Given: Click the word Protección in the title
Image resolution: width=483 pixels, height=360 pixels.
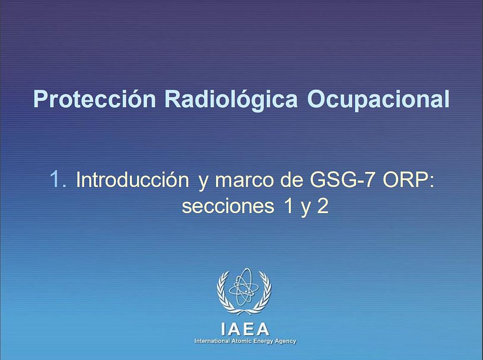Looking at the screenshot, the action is [95, 99].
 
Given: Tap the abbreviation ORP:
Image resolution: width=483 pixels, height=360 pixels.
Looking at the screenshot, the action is [408, 179].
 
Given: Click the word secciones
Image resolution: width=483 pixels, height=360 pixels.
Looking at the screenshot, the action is [228, 206].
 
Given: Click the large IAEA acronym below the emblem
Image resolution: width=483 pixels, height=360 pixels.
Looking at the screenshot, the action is [245, 330].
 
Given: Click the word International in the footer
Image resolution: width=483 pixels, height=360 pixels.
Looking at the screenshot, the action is [212, 341].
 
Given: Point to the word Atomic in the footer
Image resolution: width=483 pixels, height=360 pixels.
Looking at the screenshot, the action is [240, 341].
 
